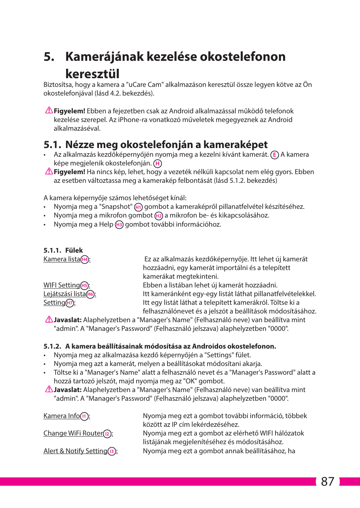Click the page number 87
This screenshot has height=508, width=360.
[327, 482]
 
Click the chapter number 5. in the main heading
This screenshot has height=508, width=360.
[49, 57]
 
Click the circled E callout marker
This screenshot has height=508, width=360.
[275, 155]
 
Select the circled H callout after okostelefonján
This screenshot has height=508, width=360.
[157, 164]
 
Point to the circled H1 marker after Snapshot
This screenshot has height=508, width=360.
[138, 207]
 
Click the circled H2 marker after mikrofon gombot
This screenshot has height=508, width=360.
[159, 216]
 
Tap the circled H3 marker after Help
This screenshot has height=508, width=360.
[119, 225]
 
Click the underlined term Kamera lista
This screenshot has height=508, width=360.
[62, 259]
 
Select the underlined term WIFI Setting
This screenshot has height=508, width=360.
[62, 285]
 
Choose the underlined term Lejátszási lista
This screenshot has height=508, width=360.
[65, 294]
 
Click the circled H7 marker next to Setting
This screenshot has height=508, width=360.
[70, 303]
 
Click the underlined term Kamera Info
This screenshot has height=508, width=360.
[62, 416]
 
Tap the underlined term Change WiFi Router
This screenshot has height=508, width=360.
[73, 433]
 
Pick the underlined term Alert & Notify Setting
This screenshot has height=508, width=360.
[75, 451]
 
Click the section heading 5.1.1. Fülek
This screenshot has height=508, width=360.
[63, 250]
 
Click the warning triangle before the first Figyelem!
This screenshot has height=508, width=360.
[49, 110]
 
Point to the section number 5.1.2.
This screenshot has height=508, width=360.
[52, 346]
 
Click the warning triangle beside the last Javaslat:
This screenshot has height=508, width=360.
[49, 389]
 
